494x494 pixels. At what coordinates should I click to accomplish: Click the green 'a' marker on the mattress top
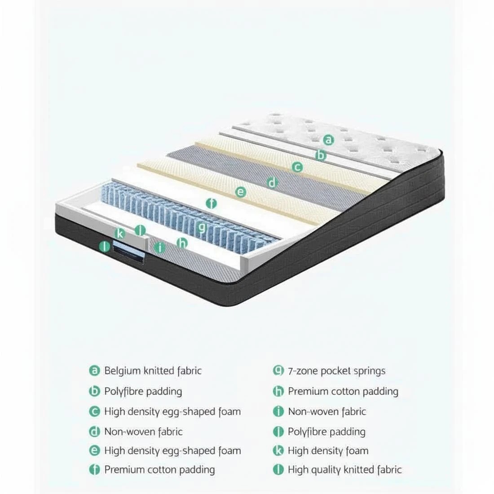pos(329,140)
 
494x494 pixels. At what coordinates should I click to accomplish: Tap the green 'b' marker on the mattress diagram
pos(321,155)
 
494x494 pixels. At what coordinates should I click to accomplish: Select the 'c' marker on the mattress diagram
pos(297,168)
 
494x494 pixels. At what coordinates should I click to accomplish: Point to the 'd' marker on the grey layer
pos(272,183)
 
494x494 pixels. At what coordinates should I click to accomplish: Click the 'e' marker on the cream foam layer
pos(241,193)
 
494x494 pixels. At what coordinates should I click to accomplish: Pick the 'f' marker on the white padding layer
pos(211,203)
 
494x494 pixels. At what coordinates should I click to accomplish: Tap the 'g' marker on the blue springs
pos(202,227)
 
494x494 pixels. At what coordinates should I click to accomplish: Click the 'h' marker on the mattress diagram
pos(182,243)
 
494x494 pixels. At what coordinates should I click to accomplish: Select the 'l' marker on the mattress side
pos(105,246)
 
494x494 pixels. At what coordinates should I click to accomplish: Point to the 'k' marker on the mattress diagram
pos(119,234)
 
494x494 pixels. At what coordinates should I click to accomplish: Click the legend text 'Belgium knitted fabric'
pos(153,371)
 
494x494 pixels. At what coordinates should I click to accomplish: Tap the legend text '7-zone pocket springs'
pos(337,371)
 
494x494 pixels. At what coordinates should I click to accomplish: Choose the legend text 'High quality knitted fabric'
pos(344,470)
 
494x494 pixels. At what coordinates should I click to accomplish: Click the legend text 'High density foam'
pos(328,450)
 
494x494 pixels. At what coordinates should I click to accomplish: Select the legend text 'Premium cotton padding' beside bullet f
pos(159,470)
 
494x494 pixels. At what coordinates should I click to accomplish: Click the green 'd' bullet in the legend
pos(94,432)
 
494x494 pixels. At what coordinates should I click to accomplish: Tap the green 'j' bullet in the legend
pos(278,432)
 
